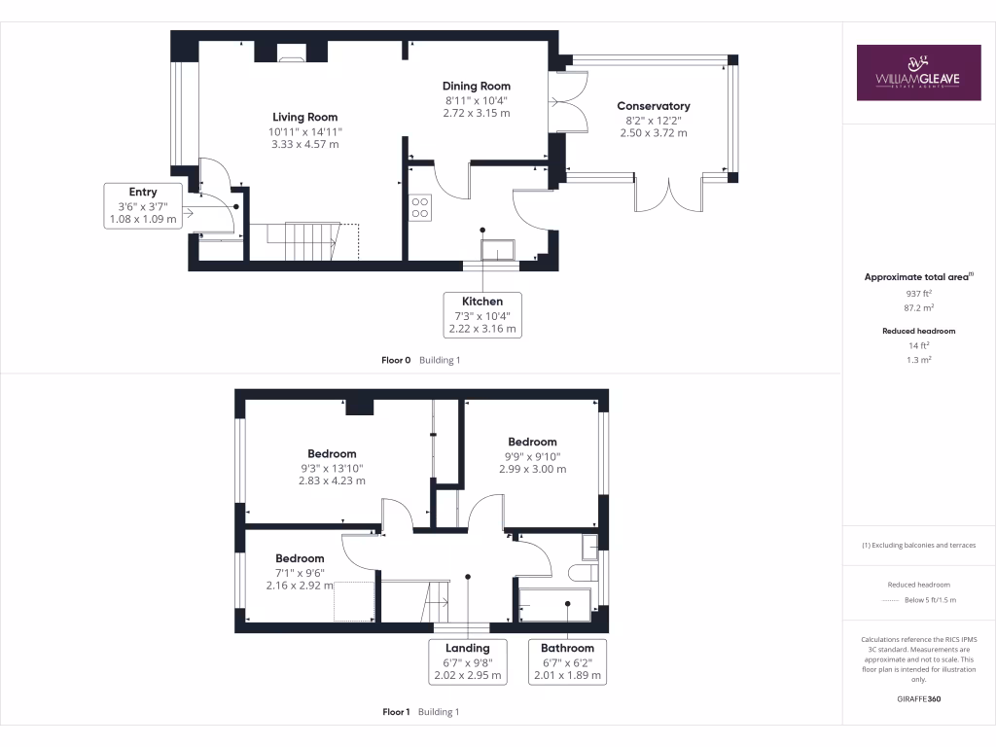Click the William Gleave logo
918,73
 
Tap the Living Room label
305,118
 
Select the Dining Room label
477,87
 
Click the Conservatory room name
653,106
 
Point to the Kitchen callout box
482,315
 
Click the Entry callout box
142,205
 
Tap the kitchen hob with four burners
421,206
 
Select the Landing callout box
468,661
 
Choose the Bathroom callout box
567,661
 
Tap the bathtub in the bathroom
554,604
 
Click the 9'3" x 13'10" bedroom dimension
332,467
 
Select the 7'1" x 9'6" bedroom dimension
299,573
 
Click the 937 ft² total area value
918,292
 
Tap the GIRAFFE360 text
918,698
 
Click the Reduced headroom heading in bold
918,331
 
